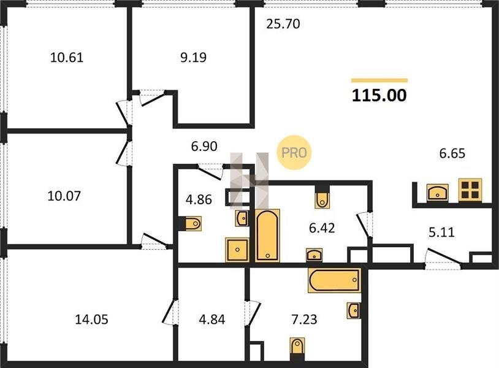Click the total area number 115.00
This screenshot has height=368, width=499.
379,95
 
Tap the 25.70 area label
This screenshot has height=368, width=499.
283,24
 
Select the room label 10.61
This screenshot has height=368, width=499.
67,58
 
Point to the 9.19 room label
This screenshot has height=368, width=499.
193,57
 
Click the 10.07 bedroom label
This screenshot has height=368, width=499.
64,196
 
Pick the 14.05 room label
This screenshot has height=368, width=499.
92,320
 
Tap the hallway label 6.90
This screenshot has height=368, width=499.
204,147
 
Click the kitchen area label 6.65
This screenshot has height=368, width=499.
452,153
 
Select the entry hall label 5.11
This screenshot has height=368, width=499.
442,232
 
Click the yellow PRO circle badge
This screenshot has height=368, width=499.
294,153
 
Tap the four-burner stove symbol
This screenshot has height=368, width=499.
470,190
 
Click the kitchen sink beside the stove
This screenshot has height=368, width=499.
438,192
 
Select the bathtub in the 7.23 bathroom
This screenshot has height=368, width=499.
335,280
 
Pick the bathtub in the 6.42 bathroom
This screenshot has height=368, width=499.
267,236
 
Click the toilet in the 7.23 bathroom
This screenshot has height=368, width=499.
297,348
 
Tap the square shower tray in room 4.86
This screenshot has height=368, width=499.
237,250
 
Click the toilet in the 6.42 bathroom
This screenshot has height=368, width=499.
322,198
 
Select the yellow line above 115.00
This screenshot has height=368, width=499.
379,80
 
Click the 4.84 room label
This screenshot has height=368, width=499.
212,320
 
